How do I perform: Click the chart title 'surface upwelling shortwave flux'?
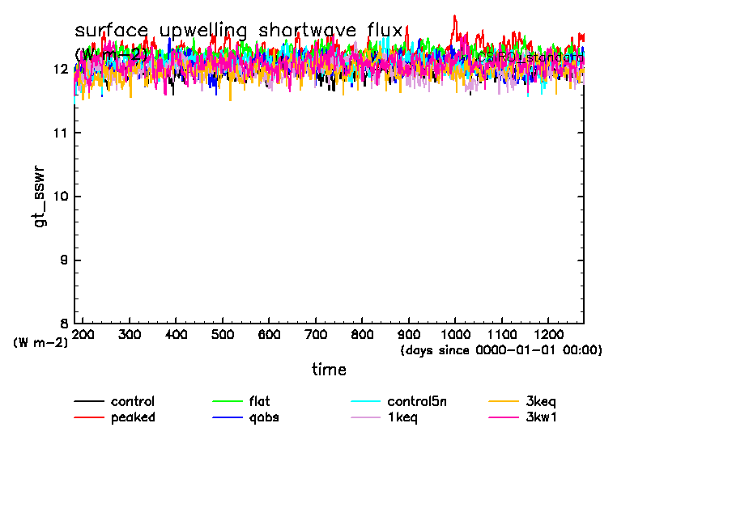(x=238, y=31)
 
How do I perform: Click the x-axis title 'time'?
(x=330, y=370)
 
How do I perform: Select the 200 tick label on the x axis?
(x=83, y=335)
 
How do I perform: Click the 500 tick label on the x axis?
(x=223, y=335)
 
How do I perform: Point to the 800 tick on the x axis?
(x=362, y=335)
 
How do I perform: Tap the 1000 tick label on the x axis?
(x=455, y=335)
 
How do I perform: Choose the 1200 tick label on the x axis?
(x=548, y=335)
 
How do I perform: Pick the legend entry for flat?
(x=260, y=401)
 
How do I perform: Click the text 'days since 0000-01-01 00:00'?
(x=501, y=350)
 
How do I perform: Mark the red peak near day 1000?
(x=455, y=15)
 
